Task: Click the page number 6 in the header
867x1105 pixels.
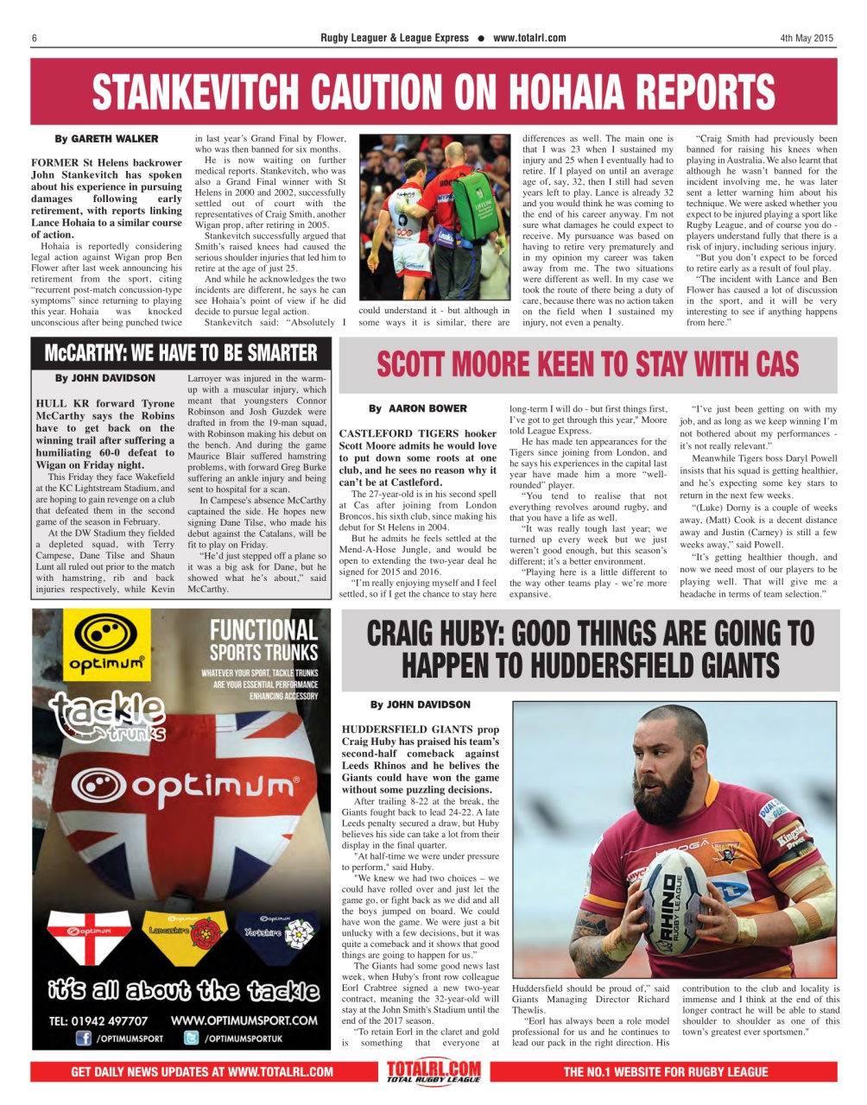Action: pos(34,38)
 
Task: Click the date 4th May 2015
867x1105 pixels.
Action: pos(807,38)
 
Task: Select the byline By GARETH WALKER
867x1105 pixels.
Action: pos(106,138)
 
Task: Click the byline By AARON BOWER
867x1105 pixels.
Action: pos(417,408)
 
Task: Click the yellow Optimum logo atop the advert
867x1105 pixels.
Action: pos(106,645)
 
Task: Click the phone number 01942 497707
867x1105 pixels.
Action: pos(98,1020)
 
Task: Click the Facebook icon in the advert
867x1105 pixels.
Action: pos(85,1039)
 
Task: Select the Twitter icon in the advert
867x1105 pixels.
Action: pos(191,1039)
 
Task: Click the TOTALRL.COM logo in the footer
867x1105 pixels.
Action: pos(433,1072)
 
